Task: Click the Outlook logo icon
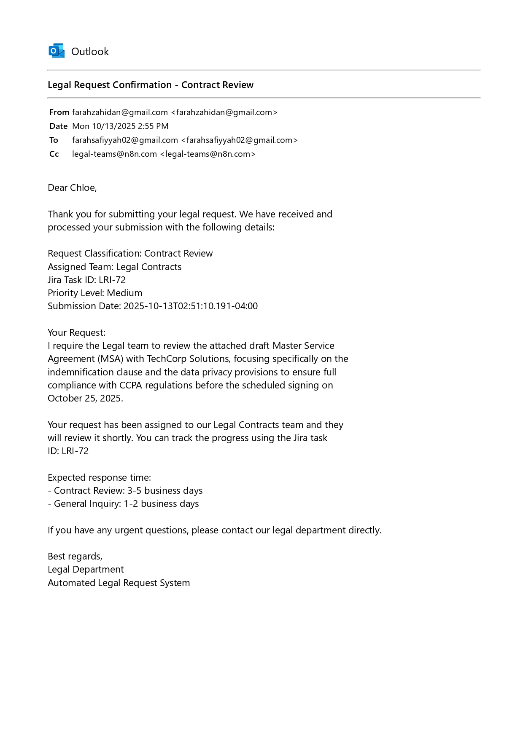coord(57,51)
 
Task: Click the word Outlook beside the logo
coord(90,51)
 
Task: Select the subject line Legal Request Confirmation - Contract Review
coord(151,85)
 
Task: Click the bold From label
coord(59,112)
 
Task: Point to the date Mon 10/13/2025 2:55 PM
coord(120,126)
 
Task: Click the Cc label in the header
coord(54,154)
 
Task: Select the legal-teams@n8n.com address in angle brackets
coord(208,154)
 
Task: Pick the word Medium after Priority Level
coord(124,293)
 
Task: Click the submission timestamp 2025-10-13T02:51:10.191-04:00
coord(190,306)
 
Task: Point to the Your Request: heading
coord(76,332)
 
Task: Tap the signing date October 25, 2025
coord(85,398)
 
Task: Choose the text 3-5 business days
coord(165,490)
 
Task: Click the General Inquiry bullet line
coord(123,503)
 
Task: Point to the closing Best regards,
coord(75,556)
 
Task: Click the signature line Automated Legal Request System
coord(119,583)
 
